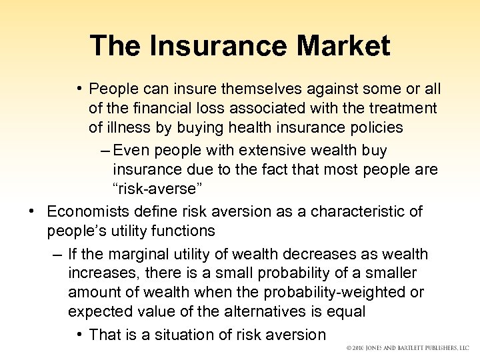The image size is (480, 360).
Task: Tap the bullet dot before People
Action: (79, 89)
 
